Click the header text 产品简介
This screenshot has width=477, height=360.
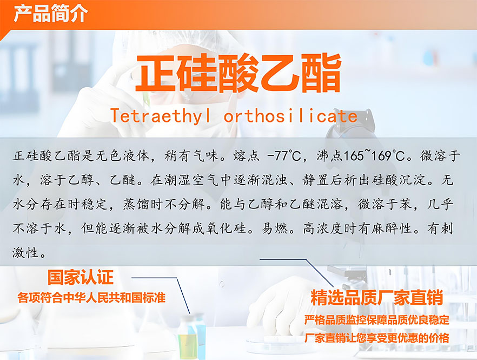(51, 13)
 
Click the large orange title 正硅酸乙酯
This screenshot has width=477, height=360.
(238, 73)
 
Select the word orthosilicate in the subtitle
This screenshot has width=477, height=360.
(290, 116)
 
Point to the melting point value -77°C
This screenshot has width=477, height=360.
(284, 156)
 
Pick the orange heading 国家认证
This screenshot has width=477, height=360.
(81, 277)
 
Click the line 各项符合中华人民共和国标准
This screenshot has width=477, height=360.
(91, 298)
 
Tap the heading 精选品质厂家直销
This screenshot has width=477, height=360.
(376, 298)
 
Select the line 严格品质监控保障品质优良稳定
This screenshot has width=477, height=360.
(376, 320)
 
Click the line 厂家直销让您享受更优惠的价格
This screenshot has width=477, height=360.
(376, 338)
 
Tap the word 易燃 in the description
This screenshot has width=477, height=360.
(274, 228)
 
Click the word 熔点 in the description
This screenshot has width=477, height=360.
(247, 156)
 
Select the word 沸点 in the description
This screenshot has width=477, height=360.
(330, 156)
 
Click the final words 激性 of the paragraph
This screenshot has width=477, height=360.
(25, 252)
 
